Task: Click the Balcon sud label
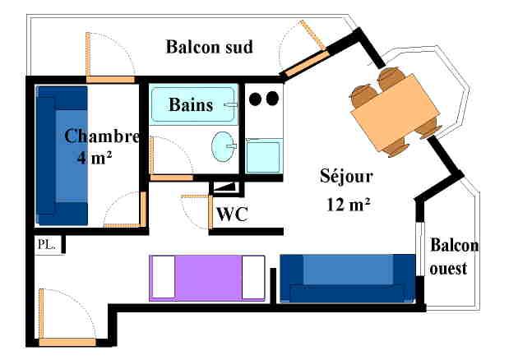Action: point(209,46)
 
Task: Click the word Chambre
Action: point(101,136)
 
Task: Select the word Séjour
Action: point(346,176)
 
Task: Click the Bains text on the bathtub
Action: point(191,105)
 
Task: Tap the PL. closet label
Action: point(45,244)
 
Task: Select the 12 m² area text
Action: point(346,204)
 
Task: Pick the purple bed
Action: point(207,278)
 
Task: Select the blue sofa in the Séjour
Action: point(348,278)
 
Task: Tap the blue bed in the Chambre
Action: point(62,155)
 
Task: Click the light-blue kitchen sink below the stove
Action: point(263,155)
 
